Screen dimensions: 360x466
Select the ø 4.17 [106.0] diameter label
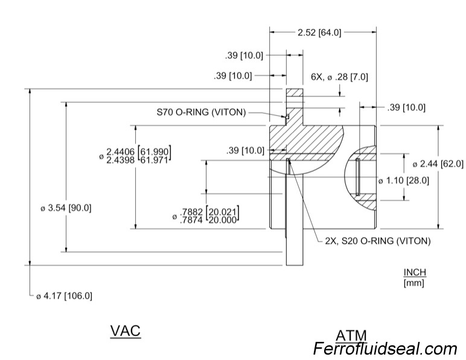pos(64,296)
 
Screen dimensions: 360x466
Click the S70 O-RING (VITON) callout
pos(201,112)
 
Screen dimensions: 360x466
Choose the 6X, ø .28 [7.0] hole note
pos(339,77)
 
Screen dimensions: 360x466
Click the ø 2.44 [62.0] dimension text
pos(438,164)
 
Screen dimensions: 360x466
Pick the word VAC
pos(126,331)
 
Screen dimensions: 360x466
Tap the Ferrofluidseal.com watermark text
pos(385,349)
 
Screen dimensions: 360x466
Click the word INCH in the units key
pos(415,272)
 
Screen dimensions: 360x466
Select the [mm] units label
pos(414,283)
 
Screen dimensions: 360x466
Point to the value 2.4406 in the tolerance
pos(121,151)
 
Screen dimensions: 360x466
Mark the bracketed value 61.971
pos(156,159)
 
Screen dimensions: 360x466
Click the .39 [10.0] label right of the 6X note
pos(406,108)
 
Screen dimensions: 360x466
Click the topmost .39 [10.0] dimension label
pos(244,56)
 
